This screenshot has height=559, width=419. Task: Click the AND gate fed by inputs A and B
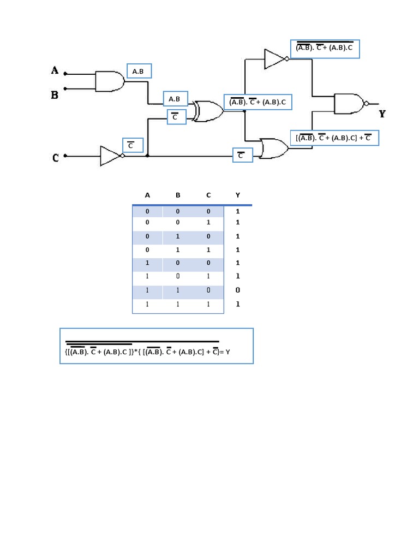(x=110, y=81)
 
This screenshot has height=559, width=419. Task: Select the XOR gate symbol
(x=208, y=111)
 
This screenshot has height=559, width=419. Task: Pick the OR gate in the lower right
(x=274, y=148)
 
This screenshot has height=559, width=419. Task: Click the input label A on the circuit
(x=55, y=70)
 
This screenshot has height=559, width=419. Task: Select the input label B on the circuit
(x=55, y=95)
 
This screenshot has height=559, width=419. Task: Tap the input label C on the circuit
(x=56, y=158)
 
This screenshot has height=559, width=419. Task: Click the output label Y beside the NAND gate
(x=382, y=114)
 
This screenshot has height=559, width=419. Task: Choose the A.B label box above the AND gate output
(x=139, y=71)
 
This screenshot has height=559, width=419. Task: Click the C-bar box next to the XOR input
(x=177, y=117)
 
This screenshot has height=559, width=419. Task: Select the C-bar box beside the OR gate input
(x=243, y=155)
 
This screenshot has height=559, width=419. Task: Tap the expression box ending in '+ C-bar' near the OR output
(x=334, y=138)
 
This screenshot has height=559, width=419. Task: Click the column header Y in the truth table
(x=238, y=195)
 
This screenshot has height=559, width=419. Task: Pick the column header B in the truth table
(x=178, y=195)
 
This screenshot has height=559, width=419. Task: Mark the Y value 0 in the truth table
(x=238, y=290)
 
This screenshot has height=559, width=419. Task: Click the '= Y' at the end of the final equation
(x=225, y=352)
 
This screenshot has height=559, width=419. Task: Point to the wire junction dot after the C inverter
(x=147, y=156)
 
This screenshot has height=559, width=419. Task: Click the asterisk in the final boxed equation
(x=136, y=351)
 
